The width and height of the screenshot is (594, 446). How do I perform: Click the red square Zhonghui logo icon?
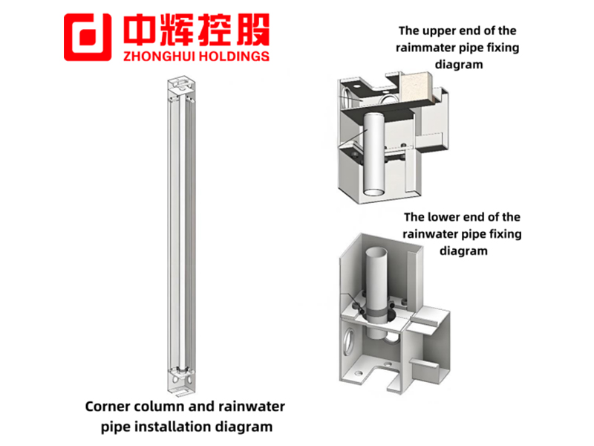[88, 37]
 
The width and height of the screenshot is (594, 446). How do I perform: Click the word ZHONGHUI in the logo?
[160, 56]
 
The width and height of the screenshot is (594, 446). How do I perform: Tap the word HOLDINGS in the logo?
[234, 56]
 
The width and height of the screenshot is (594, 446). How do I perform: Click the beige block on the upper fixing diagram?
[417, 88]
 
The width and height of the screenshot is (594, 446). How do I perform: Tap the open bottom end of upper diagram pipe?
[374, 191]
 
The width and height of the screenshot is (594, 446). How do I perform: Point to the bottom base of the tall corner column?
[182, 382]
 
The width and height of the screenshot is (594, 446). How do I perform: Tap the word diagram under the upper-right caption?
[459, 65]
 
